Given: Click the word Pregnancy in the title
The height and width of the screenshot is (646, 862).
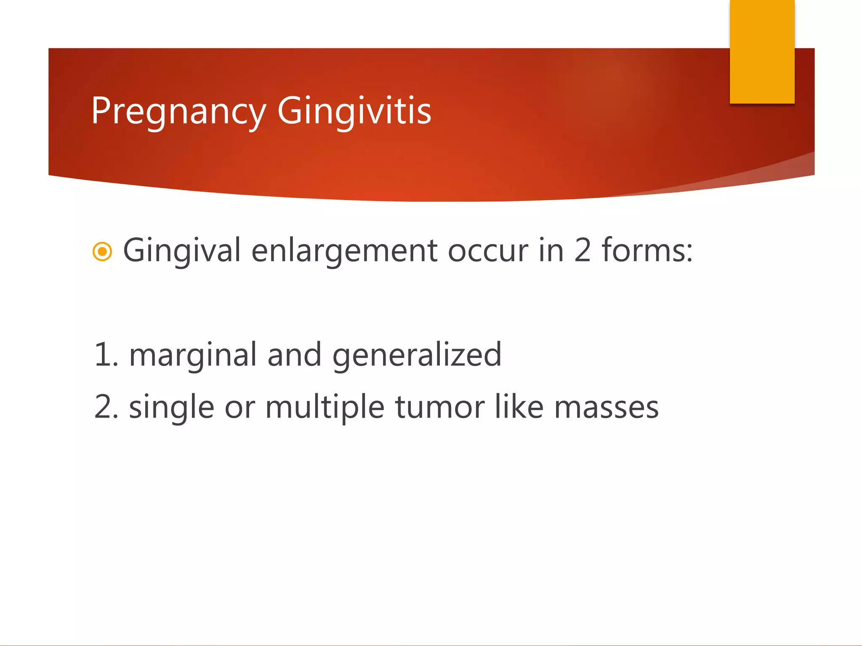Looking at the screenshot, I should point(178,111).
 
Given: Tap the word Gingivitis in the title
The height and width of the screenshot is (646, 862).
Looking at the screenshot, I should point(354,111).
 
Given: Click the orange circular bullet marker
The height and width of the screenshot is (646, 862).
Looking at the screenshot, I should point(102,252).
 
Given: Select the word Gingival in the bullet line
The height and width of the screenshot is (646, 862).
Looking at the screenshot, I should point(181,251).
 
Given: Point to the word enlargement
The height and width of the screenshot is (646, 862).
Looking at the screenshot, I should point(344,251).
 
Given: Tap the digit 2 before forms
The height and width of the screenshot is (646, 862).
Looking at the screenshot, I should point(583,251).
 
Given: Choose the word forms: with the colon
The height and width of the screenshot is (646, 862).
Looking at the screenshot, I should point(647,251).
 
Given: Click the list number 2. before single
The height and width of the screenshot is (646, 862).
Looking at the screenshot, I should point(106,408).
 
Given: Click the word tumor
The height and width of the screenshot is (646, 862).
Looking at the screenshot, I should point(439,408).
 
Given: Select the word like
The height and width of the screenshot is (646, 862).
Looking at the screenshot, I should point(519,407).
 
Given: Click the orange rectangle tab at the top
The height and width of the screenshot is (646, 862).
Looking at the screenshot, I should point(762,51).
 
